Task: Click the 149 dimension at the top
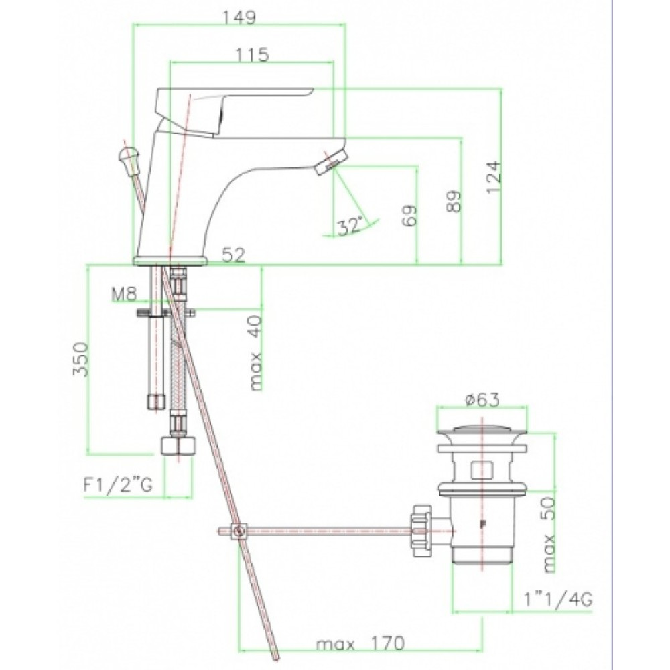tap(240, 17)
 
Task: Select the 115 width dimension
tap(252, 55)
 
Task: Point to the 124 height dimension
tap(494, 177)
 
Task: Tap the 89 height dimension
tap(454, 201)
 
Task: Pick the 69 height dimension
tap(409, 216)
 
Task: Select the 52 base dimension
tap(234, 255)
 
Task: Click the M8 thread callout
tap(124, 294)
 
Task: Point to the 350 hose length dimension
tap(81, 359)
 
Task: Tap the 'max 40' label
tap(255, 353)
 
